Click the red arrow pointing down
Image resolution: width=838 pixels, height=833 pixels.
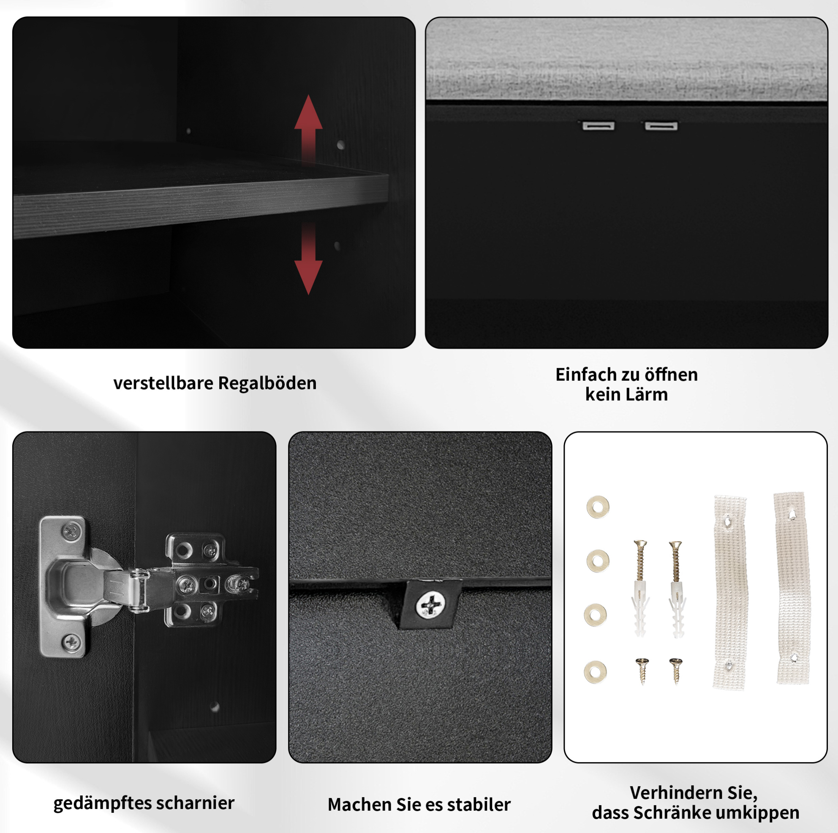(308, 259)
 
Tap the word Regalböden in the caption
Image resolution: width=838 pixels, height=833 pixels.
(267, 383)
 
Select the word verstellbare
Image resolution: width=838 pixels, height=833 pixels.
(163, 383)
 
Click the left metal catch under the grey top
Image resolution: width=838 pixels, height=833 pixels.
(599, 126)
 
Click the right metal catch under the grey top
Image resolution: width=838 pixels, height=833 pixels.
(661, 126)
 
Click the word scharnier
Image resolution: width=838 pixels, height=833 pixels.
(195, 803)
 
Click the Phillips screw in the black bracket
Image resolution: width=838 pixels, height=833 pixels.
(430, 605)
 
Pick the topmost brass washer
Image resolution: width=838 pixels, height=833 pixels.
(598, 507)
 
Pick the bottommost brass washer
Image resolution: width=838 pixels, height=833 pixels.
(595, 672)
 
